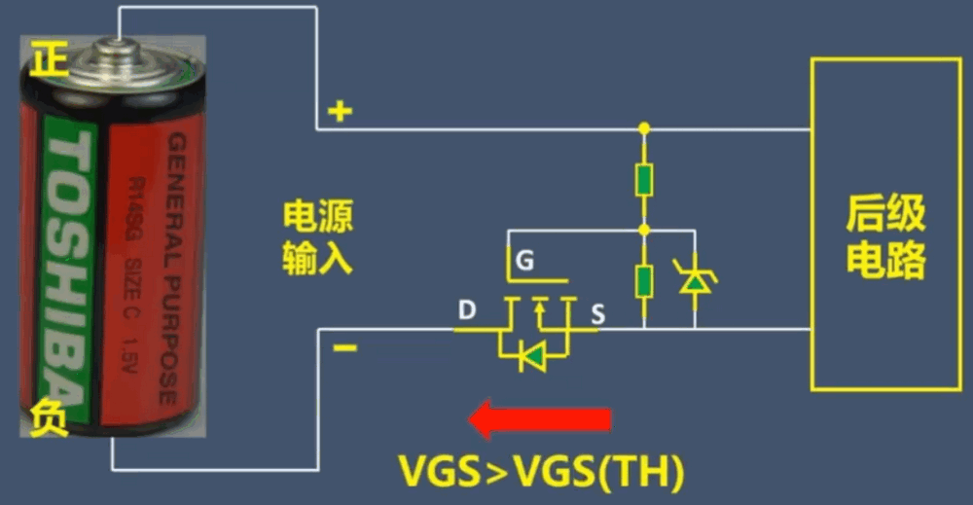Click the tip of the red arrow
469,419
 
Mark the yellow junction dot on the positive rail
644,128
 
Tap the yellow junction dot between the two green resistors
644,231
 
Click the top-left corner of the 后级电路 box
812,59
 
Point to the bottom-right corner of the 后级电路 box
960,389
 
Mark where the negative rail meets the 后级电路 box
811,329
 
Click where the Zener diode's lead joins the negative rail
695,328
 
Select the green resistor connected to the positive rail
644,180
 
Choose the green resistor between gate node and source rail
644,280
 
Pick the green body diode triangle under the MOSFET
533,357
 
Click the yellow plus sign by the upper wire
340,111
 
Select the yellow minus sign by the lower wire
345,348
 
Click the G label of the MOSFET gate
525,261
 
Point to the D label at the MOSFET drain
467,309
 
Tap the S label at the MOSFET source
597,314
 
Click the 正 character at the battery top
49,59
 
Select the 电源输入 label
318,237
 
